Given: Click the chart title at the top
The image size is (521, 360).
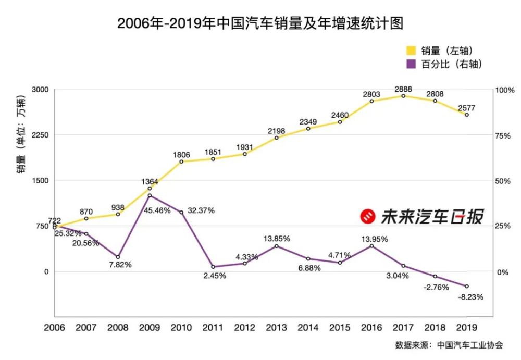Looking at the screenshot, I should tap(260, 23).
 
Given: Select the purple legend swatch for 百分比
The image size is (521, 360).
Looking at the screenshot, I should tap(411, 64).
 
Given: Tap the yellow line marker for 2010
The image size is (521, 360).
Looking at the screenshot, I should tap(181, 162).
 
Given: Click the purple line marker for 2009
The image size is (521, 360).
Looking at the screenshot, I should tap(150, 195).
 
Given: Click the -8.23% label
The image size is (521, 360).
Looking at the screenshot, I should tap(470, 297).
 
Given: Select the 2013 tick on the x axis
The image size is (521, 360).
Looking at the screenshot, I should tap(276, 327).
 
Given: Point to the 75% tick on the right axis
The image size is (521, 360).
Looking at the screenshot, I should tap(502, 135).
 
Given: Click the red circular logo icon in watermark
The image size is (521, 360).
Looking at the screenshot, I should tap(368, 217).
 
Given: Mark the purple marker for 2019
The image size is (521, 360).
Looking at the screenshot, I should tap(466, 286).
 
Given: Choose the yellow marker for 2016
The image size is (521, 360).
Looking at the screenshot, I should tap(371, 101).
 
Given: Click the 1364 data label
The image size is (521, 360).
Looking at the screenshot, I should tap(150, 181).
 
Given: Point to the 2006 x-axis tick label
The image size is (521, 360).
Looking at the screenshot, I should tap(55, 327).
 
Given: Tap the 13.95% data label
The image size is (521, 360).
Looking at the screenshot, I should tap(373, 239).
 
